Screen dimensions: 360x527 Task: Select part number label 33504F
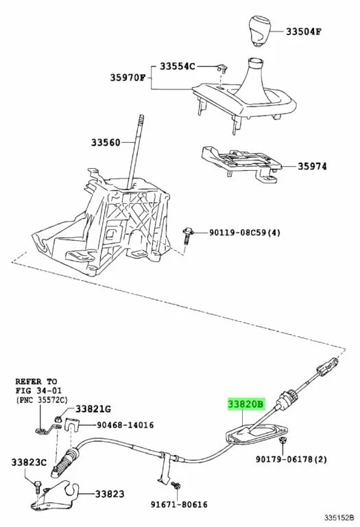304,32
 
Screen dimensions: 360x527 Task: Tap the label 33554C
177,66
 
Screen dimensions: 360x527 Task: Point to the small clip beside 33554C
221,68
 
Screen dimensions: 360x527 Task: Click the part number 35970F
128,78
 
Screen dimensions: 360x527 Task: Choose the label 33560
106,143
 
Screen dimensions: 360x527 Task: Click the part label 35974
312,166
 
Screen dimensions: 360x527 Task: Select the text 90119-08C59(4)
245,232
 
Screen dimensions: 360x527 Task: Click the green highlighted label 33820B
246,404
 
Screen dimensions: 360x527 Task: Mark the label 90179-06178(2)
291,459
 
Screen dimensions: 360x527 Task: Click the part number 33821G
93,409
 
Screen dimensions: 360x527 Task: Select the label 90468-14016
125,425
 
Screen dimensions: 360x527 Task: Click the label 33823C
29,462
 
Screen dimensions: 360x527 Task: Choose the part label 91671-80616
179,504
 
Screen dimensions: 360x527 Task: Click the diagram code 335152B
339,517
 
